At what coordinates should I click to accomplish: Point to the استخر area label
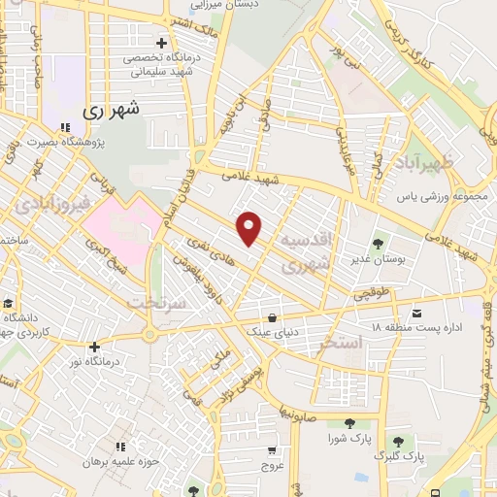[x=367, y=343]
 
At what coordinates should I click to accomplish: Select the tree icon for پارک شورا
[x=348, y=422]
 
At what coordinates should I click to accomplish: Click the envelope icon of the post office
[x=417, y=313]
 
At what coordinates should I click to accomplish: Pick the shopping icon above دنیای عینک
[x=275, y=316]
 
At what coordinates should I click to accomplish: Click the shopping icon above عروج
[x=273, y=448]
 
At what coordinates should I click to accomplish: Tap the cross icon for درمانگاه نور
[x=93, y=347]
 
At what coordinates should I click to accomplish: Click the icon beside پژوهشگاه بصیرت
[x=65, y=126]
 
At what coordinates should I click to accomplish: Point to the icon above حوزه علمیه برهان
[x=119, y=446]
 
